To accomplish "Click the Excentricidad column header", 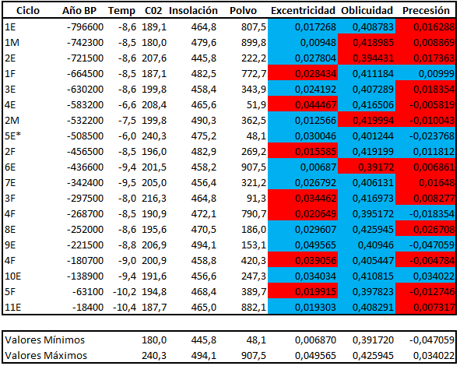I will point(303,12).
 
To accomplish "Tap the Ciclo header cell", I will point(16,12).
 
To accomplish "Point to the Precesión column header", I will point(426,12).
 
